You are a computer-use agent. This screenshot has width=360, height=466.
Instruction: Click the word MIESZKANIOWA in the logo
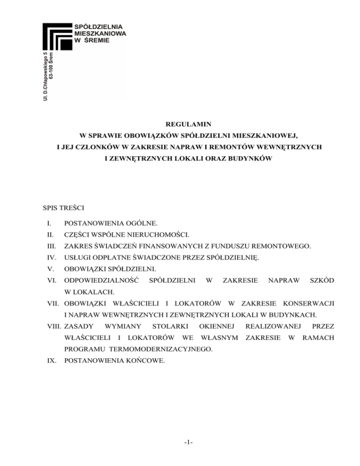101,34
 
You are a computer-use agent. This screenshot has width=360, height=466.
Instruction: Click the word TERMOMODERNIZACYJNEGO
165,349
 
